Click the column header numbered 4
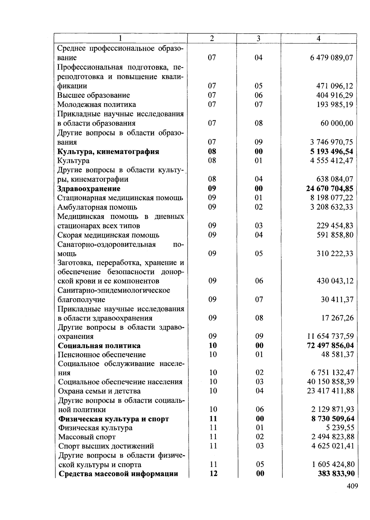[x=319, y=39]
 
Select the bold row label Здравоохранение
[x=89, y=188]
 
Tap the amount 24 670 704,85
[x=330, y=188]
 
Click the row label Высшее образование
[x=93, y=95]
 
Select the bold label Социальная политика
[x=99, y=345]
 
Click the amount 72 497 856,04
[x=331, y=345]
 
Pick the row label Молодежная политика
[x=97, y=105]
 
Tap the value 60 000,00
[x=337, y=123]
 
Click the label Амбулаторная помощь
[x=97, y=207]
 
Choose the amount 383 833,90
[x=336, y=474]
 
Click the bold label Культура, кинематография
[x=108, y=151]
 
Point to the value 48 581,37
[x=338, y=355]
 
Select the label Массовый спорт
[x=87, y=437]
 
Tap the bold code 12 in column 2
[x=213, y=474]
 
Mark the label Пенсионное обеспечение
[x=102, y=355]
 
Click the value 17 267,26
[x=338, y=318]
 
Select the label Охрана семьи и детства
[x=99, y=391]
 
